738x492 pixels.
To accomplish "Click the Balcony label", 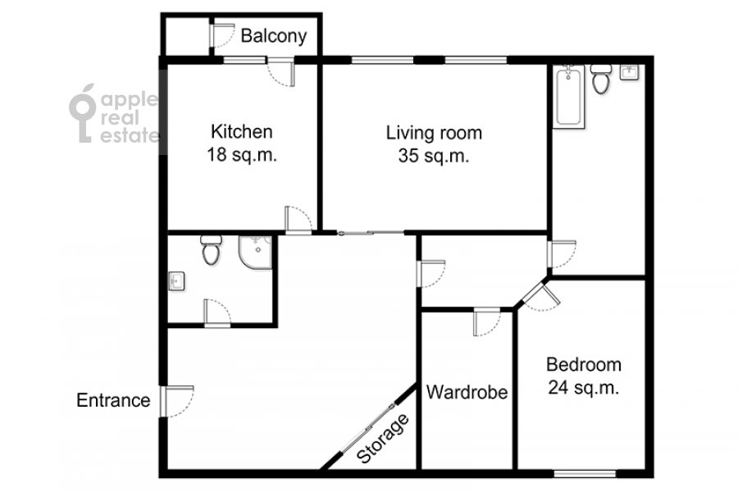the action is tap(273, 36).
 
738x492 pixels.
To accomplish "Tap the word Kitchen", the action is tap(241, 132).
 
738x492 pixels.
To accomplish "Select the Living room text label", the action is tap(434, 133).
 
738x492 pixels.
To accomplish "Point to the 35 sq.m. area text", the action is tap(434, 156).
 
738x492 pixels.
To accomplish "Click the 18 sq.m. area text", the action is tap(242, 155).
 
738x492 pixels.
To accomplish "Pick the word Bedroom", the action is tap(584, 365).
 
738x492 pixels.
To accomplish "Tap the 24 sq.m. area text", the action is tap(584, 388).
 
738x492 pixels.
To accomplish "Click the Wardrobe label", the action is tap(467, 392).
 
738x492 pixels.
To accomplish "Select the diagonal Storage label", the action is tap(383, 440).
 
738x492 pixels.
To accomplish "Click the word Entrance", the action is tap(113, 401).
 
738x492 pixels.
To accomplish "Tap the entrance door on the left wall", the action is tap(176, 401).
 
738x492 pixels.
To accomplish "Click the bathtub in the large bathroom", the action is tap(568, 97).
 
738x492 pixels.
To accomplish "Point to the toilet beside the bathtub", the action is tap(600, 79).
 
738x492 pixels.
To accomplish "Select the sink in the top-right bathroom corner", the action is tap(629, 72).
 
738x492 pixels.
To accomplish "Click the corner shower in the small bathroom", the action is tap(255, 253).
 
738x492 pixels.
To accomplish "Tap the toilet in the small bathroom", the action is tap(211, 250).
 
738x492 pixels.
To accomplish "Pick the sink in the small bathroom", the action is tap(176, 281).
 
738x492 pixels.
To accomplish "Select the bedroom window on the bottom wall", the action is tap(585, 474).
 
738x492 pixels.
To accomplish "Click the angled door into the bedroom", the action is tap(541, 296).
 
